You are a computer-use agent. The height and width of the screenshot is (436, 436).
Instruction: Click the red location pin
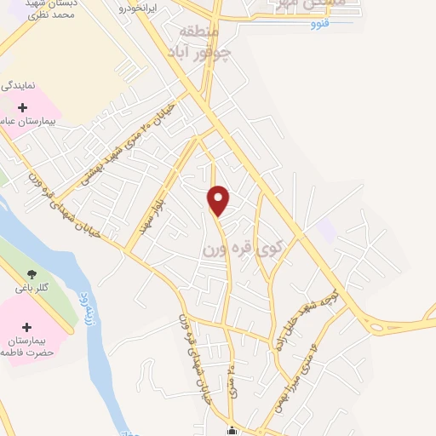click(219, 200)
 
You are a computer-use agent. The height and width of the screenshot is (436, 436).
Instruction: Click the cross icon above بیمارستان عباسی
click(22, 107)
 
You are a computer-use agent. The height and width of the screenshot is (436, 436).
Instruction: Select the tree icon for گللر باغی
click(32, 273)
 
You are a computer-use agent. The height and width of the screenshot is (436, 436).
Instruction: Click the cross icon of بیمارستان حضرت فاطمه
click(26, 327)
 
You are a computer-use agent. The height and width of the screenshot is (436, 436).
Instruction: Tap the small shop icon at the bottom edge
click(232, 430)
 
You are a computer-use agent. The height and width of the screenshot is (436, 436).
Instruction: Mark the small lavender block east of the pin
click(327, 228)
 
